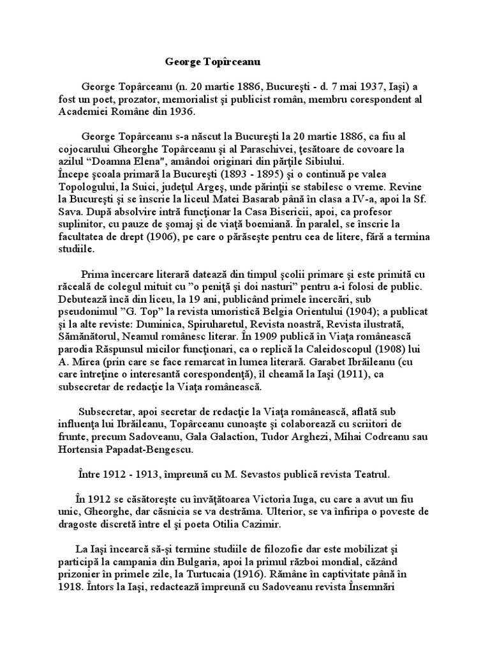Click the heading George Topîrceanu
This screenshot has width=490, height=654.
[x=212, y=62]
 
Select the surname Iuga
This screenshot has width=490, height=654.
[x=338, y=499]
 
